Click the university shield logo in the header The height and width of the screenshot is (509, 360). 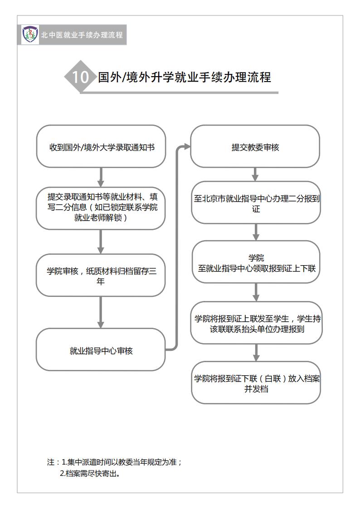[x=30, y=34]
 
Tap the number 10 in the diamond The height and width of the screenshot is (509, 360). [x=80, y=77]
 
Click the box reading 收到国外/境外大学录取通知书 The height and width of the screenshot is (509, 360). [x=101, y=146]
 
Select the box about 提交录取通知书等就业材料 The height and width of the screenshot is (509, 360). [x=101, y=208]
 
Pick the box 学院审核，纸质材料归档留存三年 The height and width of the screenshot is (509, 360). [x=101, y=275]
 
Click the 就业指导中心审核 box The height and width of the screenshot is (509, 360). [x=101, y=349]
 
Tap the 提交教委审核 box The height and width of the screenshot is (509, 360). [x=255, y=146]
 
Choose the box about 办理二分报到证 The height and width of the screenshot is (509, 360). [x=256, y=203]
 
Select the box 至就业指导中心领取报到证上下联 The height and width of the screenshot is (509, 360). [x=256, y=262]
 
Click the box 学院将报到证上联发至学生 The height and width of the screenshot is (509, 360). [x=257, y=323]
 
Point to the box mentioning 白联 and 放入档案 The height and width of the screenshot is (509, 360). [x=256, y=383]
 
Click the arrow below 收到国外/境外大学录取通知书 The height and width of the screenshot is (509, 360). [x=101, y=177]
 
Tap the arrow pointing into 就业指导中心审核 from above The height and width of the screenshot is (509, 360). [x=101, y=312]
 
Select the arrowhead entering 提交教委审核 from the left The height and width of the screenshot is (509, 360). [x=187, y=146]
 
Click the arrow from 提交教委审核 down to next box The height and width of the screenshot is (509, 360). [x=255, y=175]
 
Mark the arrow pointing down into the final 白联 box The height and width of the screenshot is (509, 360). [x=256, y=353]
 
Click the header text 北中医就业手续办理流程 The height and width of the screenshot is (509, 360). [x=82, y=35]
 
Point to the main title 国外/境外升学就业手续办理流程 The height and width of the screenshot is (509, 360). [x=185, y=77]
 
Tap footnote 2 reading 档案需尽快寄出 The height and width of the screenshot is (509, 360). [x=90, y=474]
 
